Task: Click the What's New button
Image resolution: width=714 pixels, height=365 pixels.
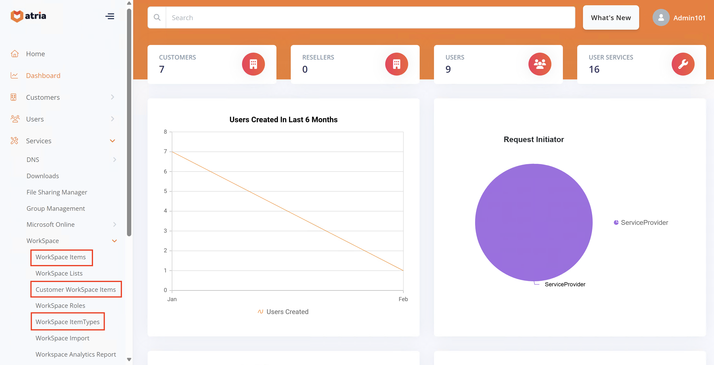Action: coord(611,18)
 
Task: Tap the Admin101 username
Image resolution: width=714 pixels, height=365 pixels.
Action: coord(689,18)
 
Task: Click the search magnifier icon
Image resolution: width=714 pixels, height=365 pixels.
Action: coord(157,17)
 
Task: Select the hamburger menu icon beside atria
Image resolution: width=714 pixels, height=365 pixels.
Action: coord(110,16)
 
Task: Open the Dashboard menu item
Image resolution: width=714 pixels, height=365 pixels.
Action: coord(43,75)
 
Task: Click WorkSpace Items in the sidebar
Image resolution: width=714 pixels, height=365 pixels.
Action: coord(61,257)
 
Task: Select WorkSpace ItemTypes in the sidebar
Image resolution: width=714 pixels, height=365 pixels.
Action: coord(67,322)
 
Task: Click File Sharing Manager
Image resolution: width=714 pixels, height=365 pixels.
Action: coord(57,192)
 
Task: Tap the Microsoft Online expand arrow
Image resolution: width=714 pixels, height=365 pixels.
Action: coord(115,224)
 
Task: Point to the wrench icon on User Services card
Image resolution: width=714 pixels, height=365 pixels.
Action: coord(683,64)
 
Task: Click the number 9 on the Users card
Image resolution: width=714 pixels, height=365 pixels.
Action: coord(448,69)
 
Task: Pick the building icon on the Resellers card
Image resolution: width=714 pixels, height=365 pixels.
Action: coord(396,64)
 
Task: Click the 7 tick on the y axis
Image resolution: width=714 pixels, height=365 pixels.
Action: coord(165,151)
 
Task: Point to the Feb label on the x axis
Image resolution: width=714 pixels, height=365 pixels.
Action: coord(403,299)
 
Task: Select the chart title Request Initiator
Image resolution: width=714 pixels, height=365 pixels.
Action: coord(533,139)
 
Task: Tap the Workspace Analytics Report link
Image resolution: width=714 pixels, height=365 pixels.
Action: coord(76,354)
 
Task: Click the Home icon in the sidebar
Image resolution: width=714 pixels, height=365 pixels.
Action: coord(15,54)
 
